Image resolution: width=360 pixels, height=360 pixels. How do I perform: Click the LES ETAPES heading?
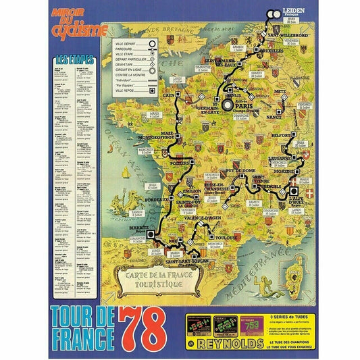75,60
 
